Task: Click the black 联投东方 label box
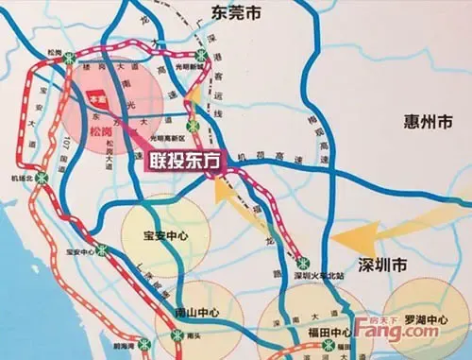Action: click(186, 162)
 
